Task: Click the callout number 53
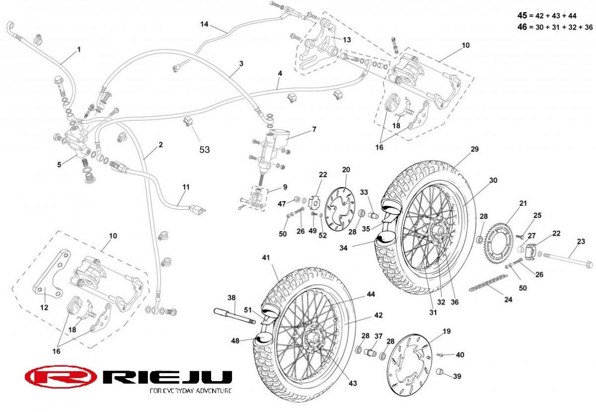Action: [205, 149]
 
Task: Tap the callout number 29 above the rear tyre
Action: [475, 149]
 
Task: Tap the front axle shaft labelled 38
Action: [234, 316]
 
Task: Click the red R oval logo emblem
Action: [61, 377]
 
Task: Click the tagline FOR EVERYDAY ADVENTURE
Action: [191, 391]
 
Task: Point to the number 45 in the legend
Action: [522, 15]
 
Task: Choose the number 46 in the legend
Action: [522, 27]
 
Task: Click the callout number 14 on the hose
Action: [205, 24]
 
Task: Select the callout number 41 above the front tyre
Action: [266, 257]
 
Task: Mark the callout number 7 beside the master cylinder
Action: [314, 129]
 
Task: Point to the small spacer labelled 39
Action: [440, 372]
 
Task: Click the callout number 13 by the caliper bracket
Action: [347, 40]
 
